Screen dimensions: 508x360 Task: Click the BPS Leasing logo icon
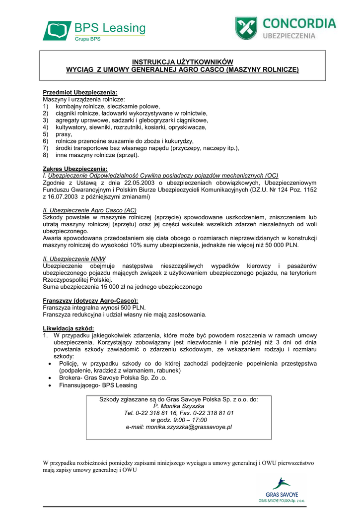57,30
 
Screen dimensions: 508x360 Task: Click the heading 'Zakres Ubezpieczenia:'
75,169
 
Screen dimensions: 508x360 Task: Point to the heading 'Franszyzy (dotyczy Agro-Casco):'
90,301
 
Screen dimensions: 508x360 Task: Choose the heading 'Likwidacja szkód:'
69,328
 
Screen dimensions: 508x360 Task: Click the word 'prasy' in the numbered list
64,134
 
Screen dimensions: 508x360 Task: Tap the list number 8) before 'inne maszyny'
46,155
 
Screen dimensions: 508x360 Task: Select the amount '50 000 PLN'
284,245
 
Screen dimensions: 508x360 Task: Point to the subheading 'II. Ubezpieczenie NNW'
74,259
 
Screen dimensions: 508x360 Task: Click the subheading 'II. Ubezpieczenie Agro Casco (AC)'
90,210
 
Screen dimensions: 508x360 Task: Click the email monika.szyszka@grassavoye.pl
179,427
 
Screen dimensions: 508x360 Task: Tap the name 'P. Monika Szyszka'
179,406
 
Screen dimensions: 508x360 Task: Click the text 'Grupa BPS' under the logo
88,38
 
